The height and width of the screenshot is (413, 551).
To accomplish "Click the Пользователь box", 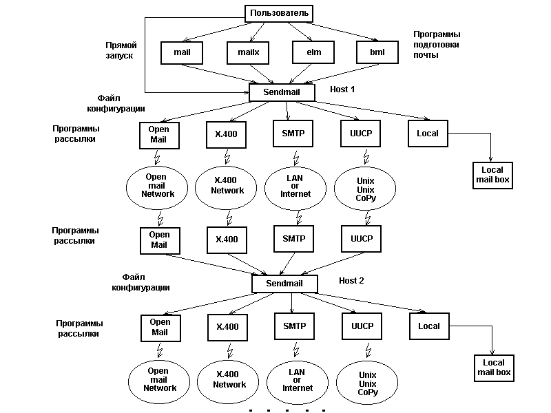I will point(279,13).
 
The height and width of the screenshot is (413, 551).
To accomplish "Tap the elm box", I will point(312,52).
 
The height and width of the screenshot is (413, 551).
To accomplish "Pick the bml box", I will point(377,52).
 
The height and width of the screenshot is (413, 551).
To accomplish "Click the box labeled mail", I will point(182,52).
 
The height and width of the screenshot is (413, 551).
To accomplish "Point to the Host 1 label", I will point(342,89).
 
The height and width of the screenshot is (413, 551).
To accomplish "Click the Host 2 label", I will point(351,280).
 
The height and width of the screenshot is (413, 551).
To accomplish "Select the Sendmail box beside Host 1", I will point(282,92).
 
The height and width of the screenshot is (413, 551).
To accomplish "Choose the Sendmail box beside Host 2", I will point(284,283).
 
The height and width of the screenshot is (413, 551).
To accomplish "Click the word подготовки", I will point(437,44).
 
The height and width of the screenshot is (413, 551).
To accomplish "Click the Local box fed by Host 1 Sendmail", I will point(428,133).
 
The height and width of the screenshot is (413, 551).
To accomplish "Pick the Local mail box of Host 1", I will point(490,175).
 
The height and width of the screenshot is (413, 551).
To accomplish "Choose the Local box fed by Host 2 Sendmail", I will point(429,326).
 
